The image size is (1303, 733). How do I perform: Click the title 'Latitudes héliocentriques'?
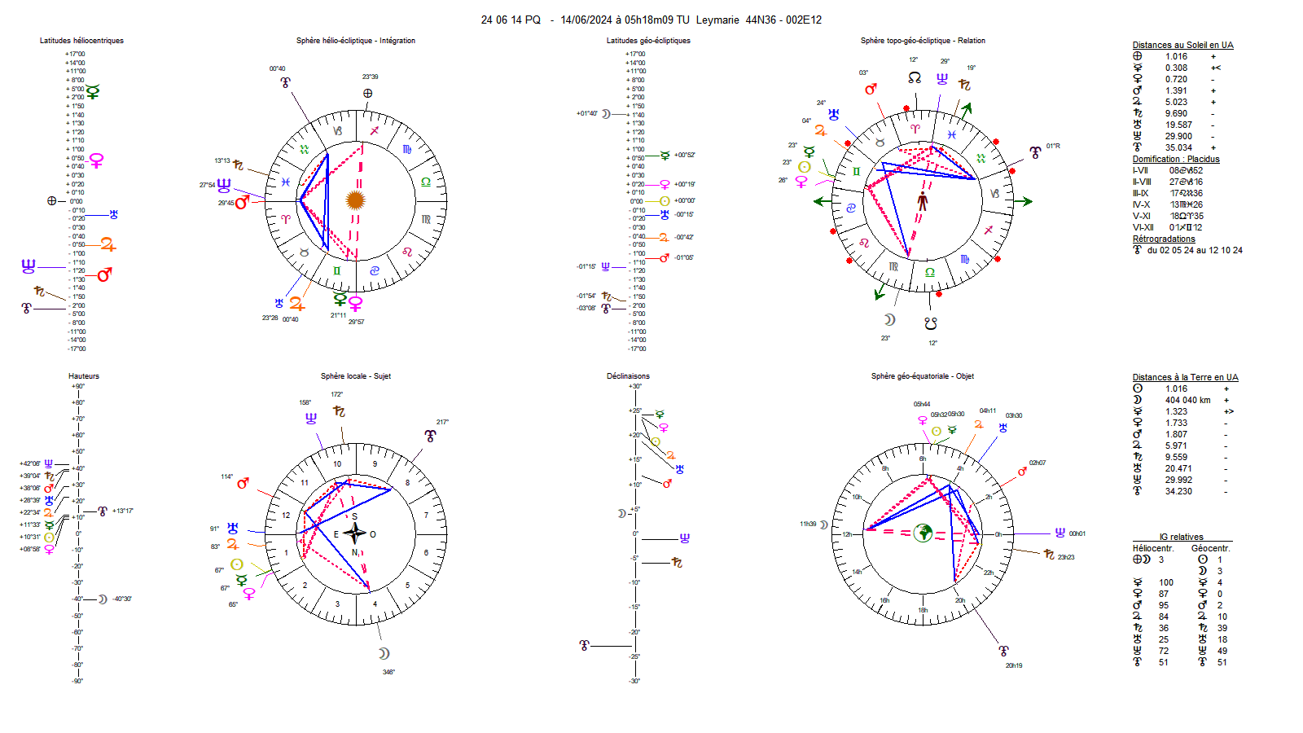point(81,41)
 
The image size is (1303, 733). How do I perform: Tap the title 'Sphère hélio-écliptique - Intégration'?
point(356,41)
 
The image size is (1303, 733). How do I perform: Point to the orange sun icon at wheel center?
point(355,200)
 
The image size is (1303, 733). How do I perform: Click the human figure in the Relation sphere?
point(923,200)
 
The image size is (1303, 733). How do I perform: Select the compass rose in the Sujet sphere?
point(354,533)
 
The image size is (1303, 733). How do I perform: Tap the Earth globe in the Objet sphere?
point(923,533)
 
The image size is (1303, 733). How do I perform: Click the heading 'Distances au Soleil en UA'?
point(1182,46)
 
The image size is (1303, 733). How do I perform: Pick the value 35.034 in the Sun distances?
point(1178,148)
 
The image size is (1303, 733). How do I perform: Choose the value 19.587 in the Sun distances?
point(1178,125)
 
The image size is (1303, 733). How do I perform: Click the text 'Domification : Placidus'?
point(1176,160)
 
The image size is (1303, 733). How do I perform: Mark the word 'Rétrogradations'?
point(1164,239)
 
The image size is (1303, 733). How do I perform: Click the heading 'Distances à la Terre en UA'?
point(1185,378)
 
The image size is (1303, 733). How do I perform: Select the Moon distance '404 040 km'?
point(1187,401)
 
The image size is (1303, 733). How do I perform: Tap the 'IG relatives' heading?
point(1182,538)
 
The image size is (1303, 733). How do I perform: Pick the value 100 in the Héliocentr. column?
point(1166,583)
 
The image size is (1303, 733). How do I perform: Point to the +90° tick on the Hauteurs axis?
point(78,387)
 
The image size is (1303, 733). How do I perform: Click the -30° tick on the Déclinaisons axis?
point(634,681)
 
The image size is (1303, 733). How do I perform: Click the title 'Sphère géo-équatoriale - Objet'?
point(923,376)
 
